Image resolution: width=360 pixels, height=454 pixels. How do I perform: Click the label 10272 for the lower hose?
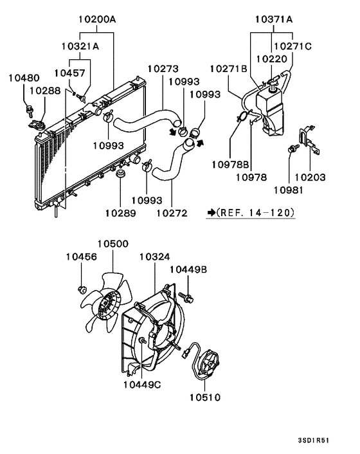point(171,212)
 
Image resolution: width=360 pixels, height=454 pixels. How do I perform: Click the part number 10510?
point(204,397)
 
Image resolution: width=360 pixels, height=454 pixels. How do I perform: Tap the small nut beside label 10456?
point(82,287)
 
